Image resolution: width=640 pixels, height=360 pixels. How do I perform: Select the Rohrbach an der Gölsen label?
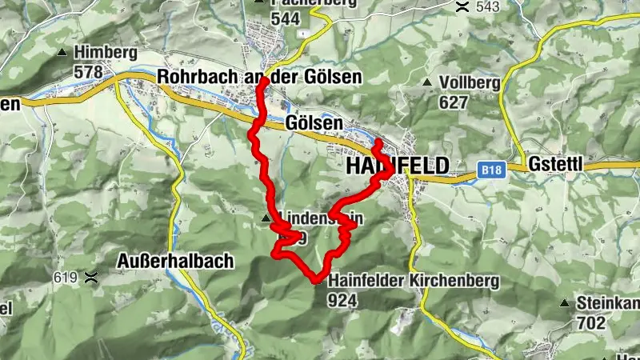(260, 77)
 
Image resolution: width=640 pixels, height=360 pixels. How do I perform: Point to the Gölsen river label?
(314, 124)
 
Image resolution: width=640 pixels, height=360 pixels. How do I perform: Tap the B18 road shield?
(491, 170)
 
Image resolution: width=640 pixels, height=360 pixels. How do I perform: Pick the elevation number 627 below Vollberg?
(453, 102)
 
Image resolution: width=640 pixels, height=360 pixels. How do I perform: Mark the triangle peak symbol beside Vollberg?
(429, 82)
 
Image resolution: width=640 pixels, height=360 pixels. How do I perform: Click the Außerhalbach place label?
(174, 260)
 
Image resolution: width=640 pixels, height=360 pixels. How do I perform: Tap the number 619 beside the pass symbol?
(68, 278)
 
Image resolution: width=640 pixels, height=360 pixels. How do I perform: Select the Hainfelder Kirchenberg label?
(414, 281)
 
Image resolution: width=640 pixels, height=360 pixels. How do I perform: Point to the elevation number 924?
(342, 300)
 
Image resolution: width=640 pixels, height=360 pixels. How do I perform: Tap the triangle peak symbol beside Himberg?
(62, 53)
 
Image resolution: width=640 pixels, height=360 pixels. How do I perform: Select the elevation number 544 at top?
(285, 19)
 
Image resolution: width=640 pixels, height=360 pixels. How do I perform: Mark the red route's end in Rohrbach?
(263, 82)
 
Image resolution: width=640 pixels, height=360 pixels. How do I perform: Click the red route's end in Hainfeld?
(377, 143)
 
